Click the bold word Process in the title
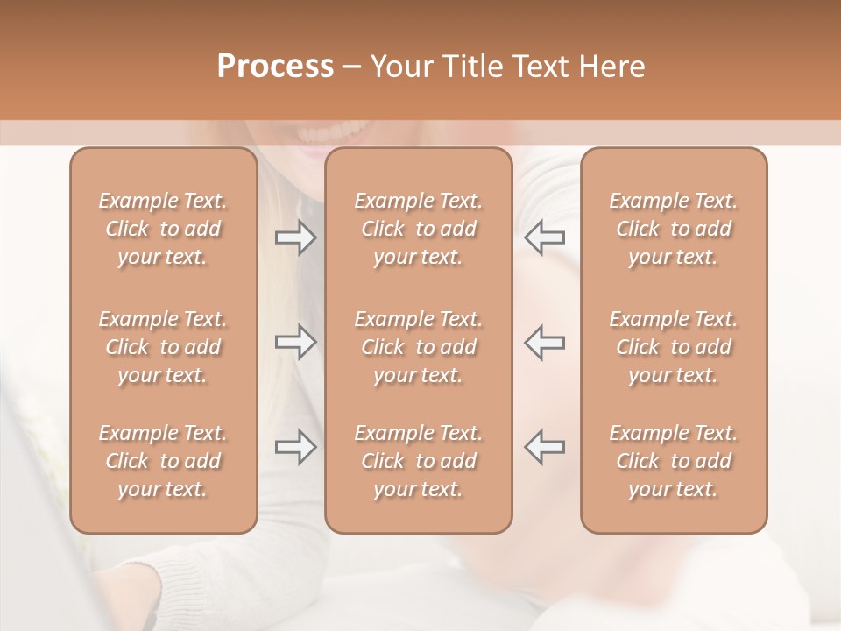[275, 67]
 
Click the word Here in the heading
[611, 67]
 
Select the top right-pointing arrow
[295, 238]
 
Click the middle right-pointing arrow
[295, 342]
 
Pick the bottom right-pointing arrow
[295, 446]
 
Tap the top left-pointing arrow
[545, 238]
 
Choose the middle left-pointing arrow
[545, 342]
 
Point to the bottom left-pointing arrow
[545, 446]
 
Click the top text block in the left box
[163, 229]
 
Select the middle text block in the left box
[163, 347]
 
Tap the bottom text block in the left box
[163, 461]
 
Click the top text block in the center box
[418, 229]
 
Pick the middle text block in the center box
[418, 347]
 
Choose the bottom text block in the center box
[418, 461]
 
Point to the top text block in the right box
[673, 229]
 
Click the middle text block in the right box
[673, 347]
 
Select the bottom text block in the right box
[673, 461]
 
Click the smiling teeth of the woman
[331, 134]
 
